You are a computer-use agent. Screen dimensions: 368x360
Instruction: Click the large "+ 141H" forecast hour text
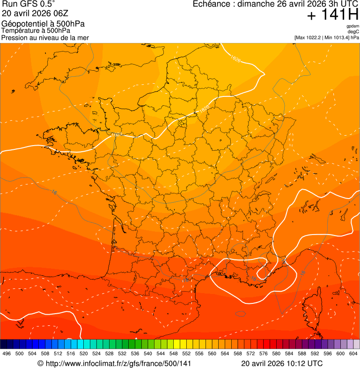tap(332, 15)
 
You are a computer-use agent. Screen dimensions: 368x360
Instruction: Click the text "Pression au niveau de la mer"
tap(45, 37)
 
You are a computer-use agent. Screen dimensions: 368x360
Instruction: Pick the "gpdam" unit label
tap(353, 26)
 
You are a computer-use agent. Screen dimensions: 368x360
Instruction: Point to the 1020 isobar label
tap(203, 110)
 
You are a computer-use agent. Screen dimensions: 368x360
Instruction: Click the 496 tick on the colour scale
tap(7, 353)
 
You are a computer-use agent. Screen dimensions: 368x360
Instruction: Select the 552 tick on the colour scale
tap(186, 353)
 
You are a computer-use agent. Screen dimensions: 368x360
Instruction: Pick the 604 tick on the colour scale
tap(353, 353)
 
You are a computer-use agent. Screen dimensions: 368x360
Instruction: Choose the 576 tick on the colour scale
tap(264, 353)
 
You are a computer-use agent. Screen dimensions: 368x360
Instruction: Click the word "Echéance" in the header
tap(213, 4)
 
